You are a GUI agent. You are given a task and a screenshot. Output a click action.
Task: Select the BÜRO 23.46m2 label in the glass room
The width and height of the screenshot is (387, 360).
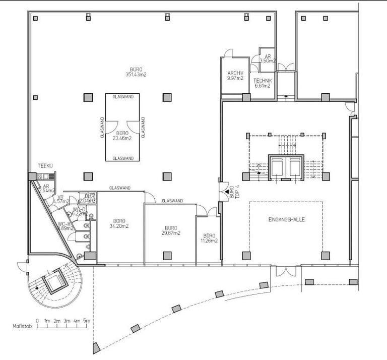pyautogui.click(x=122, y=135)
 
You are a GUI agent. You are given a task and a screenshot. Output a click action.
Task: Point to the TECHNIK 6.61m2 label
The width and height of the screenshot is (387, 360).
pyautogui.click(x=263, y=83)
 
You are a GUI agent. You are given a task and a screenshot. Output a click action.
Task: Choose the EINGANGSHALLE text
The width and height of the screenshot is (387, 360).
pyautogui.click(x=286, y=220)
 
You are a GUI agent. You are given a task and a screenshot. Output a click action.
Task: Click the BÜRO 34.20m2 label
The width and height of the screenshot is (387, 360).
pyautogui.click(x=119, y=224)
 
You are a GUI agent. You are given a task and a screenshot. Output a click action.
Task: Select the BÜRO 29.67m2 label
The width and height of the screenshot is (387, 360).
pyautogui.click(x=172, y=230)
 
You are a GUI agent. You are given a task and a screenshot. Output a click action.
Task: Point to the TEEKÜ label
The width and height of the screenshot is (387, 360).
pyautogui.click(x=45, y=166)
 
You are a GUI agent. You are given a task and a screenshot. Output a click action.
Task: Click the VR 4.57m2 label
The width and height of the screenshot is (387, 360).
pyautogui.click(x=60, y=199)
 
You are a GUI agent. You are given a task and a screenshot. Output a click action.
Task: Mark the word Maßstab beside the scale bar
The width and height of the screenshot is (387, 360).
pyautogui.click(x=22, y=327)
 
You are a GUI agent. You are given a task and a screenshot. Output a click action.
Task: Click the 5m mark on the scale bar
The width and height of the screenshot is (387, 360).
pyautogui.click(x=86, y=321)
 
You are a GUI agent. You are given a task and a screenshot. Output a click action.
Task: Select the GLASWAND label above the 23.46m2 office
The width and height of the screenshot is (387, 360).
pyautogui.click(x=122, y=96)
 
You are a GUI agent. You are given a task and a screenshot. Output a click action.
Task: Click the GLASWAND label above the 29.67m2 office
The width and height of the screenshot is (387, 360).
pyautogui.click(x=171, y=201)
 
